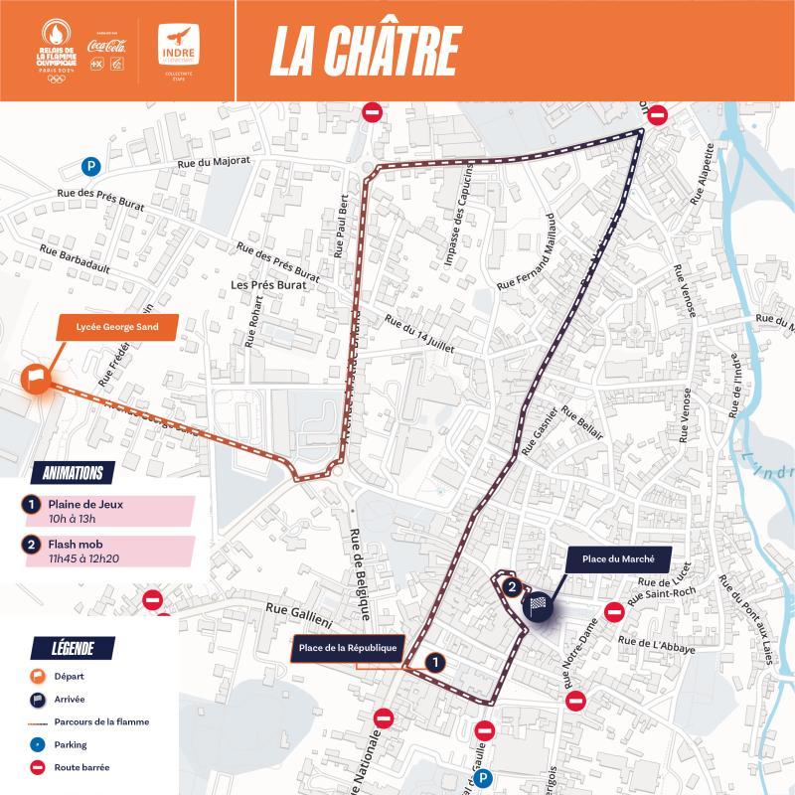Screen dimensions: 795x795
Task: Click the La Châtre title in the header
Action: tap(365, 50)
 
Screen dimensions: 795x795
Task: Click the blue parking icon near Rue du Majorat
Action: tap(91, 167)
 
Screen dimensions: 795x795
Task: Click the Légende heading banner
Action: tap(72, 649)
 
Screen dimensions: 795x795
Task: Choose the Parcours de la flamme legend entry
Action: tap(99, 721)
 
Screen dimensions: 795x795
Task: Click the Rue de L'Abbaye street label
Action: tap(656, 642)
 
